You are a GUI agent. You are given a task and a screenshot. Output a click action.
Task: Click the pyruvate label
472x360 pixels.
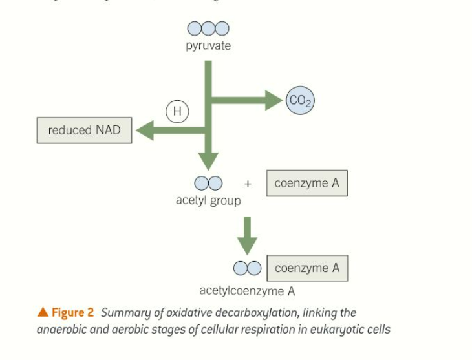208,46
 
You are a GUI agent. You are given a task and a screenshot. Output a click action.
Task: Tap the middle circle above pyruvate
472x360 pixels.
208,28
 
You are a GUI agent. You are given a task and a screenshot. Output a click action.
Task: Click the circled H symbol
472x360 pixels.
177,112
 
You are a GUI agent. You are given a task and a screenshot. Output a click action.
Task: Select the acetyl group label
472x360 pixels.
208,200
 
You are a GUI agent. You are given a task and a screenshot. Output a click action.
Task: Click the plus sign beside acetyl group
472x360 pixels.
248,184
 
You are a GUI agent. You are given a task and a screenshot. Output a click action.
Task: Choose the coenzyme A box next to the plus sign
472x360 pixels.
306,184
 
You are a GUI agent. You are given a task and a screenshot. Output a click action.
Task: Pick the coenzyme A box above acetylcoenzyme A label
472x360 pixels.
306,268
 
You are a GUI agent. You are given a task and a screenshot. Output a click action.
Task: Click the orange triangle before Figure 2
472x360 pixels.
43,313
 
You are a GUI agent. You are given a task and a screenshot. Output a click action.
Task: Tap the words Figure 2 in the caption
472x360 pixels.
72,313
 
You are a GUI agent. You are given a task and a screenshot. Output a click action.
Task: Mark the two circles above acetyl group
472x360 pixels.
208,184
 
